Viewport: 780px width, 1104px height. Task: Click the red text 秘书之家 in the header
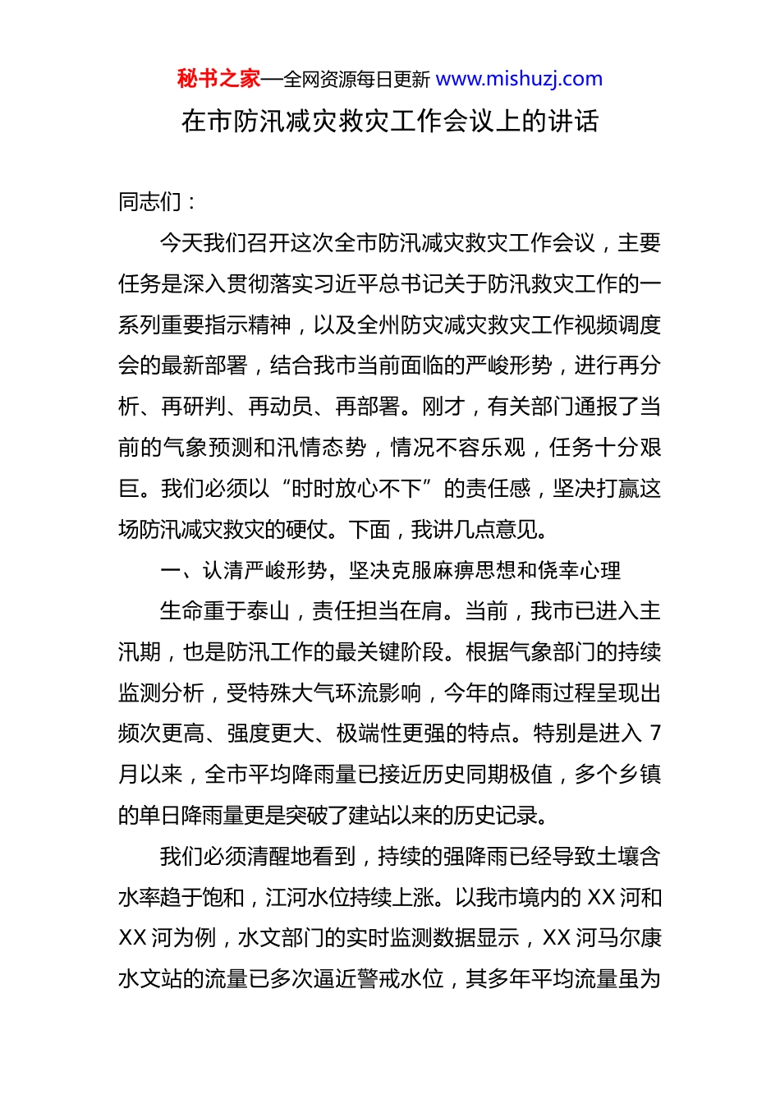point(218,79)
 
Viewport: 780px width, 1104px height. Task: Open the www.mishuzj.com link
point(519,79)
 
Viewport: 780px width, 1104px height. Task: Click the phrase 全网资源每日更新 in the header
point(356,80)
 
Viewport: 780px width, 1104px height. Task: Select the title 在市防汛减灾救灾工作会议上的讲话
point(390,122)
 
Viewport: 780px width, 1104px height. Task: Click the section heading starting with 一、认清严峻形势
point(390,570)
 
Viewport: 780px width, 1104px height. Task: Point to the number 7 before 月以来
point(654,734)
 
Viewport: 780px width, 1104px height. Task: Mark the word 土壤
point(617,857)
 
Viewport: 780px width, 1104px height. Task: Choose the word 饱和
point(223,898)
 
